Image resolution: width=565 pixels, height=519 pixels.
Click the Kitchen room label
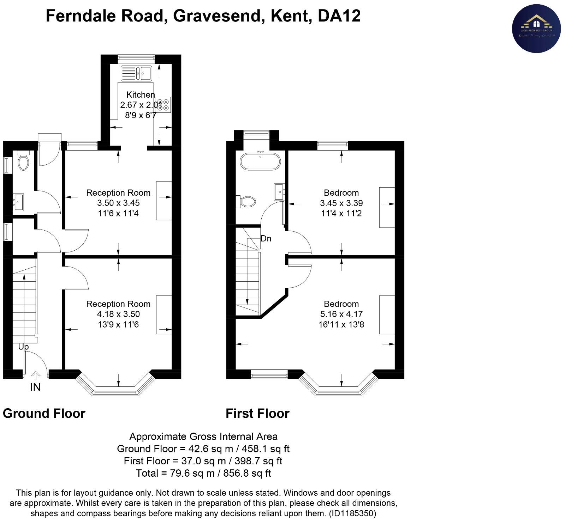(x=141, y=94)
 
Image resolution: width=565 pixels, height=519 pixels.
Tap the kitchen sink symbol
(x=136, y=73)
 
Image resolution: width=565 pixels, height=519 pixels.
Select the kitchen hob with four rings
(x=163, y=105)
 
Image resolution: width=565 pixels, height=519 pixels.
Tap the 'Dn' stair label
(x=266, y=239)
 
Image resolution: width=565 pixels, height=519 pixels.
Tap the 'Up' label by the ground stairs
(x=23, y=347)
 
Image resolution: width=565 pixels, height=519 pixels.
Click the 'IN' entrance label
(x=35, y=387)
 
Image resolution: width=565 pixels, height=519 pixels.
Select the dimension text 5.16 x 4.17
(x=341, y=314)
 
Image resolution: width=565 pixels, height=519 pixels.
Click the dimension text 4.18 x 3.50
(x=118, y=314)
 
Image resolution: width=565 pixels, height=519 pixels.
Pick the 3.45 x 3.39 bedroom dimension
(x=341, y=203)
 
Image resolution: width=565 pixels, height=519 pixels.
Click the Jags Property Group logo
(x=536, y=29)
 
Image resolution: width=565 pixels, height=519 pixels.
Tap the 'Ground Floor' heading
(x=44, y=413)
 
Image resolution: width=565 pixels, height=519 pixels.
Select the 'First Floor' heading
(x=257, y=413)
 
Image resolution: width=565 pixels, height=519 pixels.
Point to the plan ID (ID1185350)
(x=352, y=513)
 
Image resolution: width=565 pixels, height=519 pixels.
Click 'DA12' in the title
(x=339, y=16)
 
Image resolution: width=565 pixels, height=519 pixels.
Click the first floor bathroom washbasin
(x=279, y=192)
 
